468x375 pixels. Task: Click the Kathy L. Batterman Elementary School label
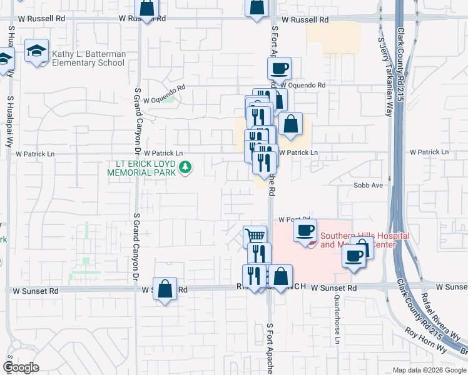[x=88, y=59]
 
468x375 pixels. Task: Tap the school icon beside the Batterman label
[x=37, y=51]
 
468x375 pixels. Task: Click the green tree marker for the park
[x=185, y=167]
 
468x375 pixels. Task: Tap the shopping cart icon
[x=255, y=236]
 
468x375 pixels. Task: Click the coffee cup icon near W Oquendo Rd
[x=279, y=67]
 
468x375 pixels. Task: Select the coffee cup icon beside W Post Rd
[x=305, y=229]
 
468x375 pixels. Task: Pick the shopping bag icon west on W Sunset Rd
[x=165, y=289]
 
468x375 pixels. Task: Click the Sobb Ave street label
[x=368, y=186]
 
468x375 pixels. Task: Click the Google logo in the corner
[x=21, y=367]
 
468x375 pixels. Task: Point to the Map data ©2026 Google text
[x=429, y=370]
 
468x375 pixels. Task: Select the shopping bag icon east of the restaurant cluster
[x=290, y=124]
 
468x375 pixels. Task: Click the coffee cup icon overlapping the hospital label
[x=355, y=256]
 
